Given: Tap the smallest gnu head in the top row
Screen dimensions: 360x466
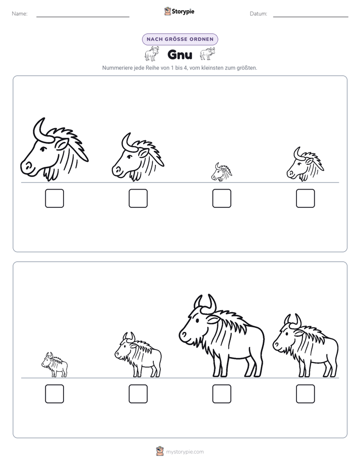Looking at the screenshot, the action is click(221, 172).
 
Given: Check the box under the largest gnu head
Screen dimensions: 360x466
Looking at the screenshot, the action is click(54, 198).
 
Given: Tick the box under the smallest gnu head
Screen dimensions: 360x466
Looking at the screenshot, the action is click(221, 198).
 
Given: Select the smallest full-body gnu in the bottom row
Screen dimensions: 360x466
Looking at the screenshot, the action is click(54, 365).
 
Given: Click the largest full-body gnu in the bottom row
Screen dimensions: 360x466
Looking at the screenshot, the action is click(221, 336).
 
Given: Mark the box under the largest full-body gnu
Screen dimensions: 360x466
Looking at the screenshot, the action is click(221, 394).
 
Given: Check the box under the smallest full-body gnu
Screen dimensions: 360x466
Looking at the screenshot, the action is click(54, 394).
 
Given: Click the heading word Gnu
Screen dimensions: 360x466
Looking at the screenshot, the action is click(179, 54).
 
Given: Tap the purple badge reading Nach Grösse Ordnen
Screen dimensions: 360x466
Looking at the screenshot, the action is click(180, 39).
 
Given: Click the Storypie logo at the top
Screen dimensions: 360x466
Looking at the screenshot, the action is click(179, 11).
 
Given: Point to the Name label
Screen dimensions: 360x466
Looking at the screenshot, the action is click(20, 14).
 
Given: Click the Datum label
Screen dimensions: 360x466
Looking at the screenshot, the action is click(258, 14).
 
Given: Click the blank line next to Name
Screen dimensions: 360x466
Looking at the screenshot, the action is click(83, 17).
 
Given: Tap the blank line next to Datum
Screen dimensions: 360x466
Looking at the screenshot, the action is click(311, 17).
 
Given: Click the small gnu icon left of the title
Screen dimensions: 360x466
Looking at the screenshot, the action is click(152, 54).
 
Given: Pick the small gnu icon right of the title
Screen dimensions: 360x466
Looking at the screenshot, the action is click(207, 54).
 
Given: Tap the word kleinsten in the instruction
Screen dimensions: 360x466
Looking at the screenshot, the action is click(211, 68).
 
